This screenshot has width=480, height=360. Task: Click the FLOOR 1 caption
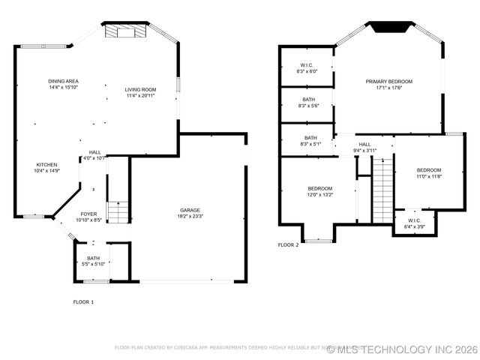coord(83,301)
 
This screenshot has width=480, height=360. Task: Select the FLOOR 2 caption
coord(288,245)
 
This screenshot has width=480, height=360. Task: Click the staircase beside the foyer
coord(118,211)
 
